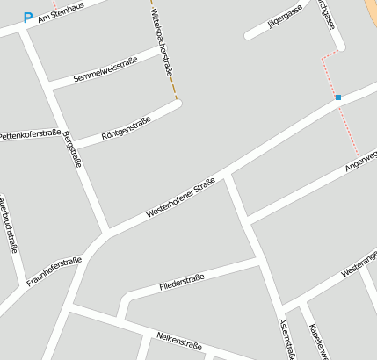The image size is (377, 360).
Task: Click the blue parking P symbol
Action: (x=27, y=17)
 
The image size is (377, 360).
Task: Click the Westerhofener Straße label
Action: (x=181, y=198)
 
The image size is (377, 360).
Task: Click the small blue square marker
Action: (x=337, y=97)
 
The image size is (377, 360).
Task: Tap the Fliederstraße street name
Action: (x=181, y=283)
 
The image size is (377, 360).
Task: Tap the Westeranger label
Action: (x=359, y=270)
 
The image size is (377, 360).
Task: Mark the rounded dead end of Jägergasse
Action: (x=249, y=35)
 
